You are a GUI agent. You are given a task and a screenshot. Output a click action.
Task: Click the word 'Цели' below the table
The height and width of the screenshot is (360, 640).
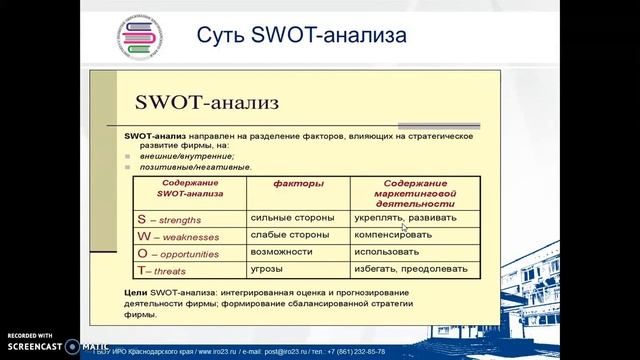click(x=136, y=290)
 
